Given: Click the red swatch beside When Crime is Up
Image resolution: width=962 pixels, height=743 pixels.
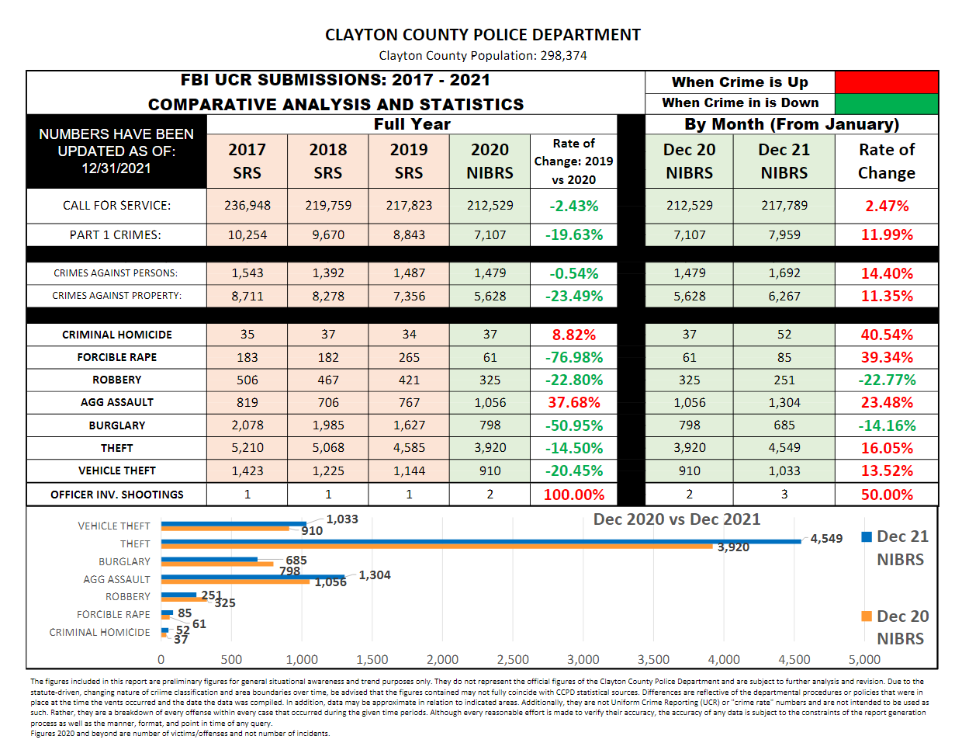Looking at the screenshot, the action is [886, 82].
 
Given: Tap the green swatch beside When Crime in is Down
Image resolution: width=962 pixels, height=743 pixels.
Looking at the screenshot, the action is [886, 104].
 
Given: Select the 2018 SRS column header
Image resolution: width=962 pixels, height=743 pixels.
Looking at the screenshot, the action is [327, 161].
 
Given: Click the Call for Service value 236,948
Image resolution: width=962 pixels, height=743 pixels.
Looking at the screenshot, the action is [247, 206].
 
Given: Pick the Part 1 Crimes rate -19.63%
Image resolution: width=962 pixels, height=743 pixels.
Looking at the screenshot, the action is [574, 234].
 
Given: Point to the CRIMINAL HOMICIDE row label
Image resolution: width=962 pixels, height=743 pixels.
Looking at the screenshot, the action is [117, 335].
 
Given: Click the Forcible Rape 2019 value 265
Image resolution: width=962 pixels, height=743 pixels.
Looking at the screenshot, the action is [409, 357].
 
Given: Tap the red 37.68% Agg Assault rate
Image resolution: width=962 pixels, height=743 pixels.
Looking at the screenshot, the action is [574, 402].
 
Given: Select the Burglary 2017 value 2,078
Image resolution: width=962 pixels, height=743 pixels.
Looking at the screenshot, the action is [247, 425].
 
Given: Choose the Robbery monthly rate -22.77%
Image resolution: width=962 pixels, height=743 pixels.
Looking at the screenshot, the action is [887, 380].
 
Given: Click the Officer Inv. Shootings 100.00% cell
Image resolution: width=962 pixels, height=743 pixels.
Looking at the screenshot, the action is [574, 495].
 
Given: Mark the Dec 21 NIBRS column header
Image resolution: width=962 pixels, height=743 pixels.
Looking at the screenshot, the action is [784, 161].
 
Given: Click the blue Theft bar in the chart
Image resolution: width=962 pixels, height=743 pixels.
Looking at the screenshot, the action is [481, 541].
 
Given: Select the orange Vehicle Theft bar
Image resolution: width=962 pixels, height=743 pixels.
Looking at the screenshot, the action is [225, 528].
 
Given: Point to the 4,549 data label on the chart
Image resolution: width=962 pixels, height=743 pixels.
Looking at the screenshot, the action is [826, 538].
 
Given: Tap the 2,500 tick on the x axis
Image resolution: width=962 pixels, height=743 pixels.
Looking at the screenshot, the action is [513, 659].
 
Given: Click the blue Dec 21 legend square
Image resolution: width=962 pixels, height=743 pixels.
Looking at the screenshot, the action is [867, 537].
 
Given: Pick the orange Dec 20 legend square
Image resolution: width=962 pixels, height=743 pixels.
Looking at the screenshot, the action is [867, 616].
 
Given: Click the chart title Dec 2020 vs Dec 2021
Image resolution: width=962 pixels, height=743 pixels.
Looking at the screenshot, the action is [677, 519].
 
